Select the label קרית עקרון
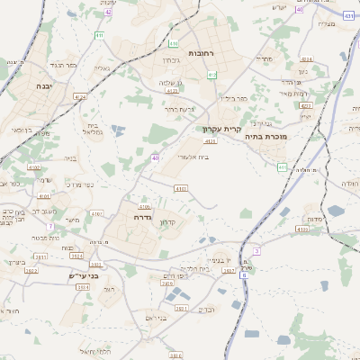click(x=221, y=129)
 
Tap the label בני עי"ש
click(x=84, y=276)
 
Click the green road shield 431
click(x=348, y=16)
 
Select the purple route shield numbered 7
click(x=51, y=227)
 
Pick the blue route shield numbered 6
click(x=242, y=275)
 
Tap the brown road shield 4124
click(x=80, y=96)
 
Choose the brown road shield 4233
click(x=305, y=105)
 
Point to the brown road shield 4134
click(x=301, y=229)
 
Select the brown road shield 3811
click(x=41, y=256)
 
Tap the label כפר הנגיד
click(x=64, y=65)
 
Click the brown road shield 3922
click(x=31, y=269)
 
